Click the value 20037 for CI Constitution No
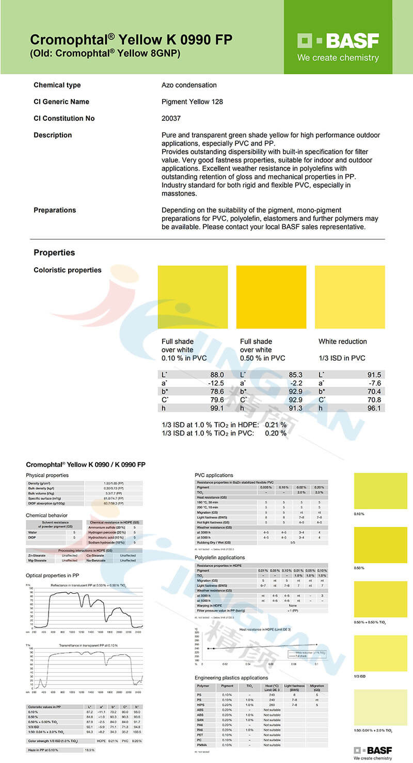tap(171, 118)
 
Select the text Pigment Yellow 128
tap(192, 102)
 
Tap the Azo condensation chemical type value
tap(189, 85)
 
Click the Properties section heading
tap(54, 252)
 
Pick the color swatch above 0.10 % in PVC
tap(193, 297)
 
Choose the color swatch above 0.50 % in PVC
tap(271, 297)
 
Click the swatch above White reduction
tap(350, 297)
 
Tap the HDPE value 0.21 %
tap(276, 425)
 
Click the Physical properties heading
tap(47, 475)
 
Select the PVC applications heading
tap(214, 475)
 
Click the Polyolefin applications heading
tap(219, 558)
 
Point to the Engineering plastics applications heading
tap(231, 677)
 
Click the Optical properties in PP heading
tap(52, 575)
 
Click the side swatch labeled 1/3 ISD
tap(380, 653)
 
